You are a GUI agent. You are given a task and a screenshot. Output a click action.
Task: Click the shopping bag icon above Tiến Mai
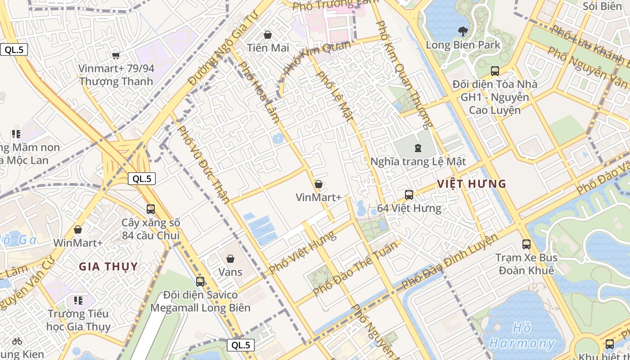click(x=268, y=35)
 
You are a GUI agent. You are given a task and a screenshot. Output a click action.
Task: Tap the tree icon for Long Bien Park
click(x=462, y=31)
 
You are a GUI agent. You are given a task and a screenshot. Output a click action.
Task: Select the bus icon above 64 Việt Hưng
click(x=409, y=195)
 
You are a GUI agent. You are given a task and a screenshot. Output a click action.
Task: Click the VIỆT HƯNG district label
click(x=472, y=184)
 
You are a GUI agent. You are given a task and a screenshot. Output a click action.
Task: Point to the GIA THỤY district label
click(x=108, y=266)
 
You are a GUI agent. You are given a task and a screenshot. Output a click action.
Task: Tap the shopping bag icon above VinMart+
click(x=319, y=184)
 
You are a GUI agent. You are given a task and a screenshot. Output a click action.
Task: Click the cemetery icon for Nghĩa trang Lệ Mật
click(x=418, y=148)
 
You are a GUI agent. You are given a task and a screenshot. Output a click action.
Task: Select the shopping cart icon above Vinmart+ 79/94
click(x=116, y=55)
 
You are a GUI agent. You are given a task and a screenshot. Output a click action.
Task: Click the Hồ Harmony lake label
click(x=522, y=336)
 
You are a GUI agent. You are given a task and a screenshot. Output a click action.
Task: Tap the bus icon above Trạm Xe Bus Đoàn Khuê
click(x=526, y=244)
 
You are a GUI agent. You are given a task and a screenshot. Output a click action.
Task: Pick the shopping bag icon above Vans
click(x=230, y=259)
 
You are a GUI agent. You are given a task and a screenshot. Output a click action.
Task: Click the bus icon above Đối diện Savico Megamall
click(x=200, y=282)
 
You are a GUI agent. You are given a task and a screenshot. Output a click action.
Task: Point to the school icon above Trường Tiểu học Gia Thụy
click(x=78, y=300)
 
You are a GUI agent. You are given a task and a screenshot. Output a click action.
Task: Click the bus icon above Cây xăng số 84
click(x=151, y=209)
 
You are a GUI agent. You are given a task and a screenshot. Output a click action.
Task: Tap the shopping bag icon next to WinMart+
click(x=78, y=229)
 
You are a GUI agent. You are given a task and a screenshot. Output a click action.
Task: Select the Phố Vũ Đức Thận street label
click(x=204, y=164)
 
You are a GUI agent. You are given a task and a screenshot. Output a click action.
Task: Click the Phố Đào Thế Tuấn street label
click(x=355, y=268)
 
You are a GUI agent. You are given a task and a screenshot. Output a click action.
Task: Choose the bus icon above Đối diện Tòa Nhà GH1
click(x=495, y=71)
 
